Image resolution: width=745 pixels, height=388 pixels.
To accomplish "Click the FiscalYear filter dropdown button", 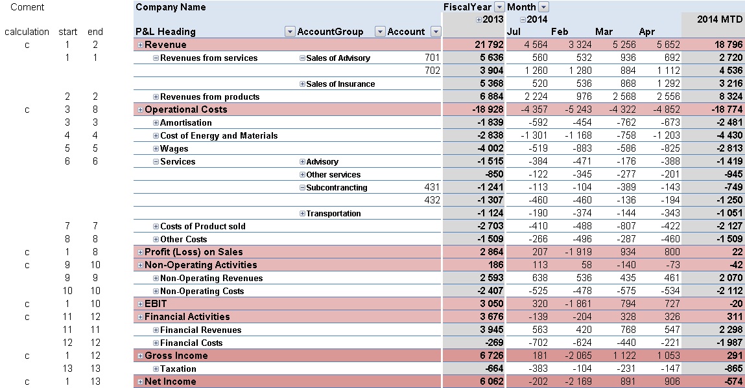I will click(499, 7).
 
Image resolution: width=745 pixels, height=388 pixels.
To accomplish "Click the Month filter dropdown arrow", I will click(543, 7).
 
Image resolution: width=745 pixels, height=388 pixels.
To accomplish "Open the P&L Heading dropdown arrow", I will click(290, 32).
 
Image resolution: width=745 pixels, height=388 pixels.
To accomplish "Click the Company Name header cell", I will click(171, 7).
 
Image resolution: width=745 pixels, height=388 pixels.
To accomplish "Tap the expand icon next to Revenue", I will click(140, 45).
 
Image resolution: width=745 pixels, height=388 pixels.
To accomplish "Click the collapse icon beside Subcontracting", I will click(302, 188).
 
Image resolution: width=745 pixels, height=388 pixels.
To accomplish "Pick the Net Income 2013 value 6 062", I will click(489, 382).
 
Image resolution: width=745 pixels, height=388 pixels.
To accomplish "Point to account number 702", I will click(432, 71).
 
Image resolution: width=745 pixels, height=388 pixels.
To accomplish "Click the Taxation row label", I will click(178, 369).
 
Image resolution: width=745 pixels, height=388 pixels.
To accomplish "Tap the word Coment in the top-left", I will click(27, 7).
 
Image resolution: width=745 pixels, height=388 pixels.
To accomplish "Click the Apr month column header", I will click(646, 32).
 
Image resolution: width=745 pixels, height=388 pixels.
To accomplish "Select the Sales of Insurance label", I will click(340, 84).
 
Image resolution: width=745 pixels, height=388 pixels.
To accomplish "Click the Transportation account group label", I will click(333, 213).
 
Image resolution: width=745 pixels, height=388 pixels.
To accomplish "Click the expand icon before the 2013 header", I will click(479, 19).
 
